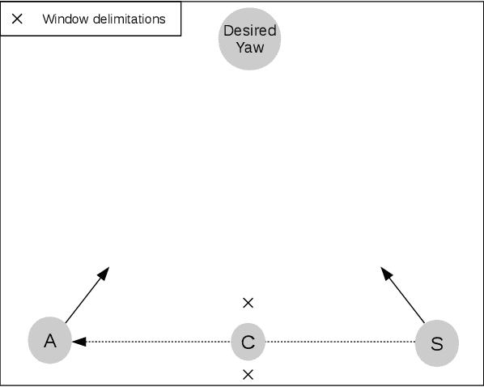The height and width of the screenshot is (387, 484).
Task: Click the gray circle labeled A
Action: [49, 341]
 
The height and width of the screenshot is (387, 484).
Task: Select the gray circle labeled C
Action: [248, 342]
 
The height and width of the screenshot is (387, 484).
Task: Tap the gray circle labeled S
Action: [437, 342]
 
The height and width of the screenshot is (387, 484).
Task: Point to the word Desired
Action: [249, 31]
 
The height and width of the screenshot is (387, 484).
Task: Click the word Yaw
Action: [249, 47]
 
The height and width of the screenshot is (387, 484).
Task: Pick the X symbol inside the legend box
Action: [17, 19]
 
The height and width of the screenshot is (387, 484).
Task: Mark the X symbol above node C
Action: [248, 303]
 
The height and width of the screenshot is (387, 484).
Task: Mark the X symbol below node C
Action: [248, 375]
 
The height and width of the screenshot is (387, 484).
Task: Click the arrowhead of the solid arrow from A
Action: [104, 271]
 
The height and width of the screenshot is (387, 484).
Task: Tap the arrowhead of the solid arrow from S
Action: [386, 270]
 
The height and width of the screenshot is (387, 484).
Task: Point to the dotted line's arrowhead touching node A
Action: [77, 342]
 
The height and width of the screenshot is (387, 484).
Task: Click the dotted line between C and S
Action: [340, 342]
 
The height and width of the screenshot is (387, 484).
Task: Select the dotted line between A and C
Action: [158, 342]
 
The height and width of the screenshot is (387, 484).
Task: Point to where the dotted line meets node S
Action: [416, 342]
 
